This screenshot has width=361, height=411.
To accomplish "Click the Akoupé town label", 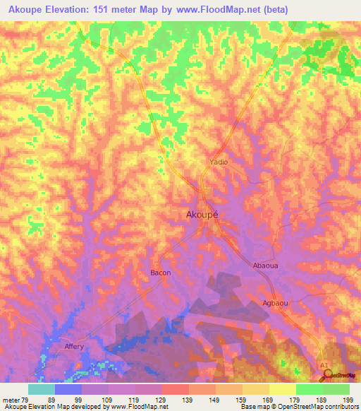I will (202, 215).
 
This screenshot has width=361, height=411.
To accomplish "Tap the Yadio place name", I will (219, 162).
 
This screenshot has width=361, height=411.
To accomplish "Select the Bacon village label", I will (161, 272).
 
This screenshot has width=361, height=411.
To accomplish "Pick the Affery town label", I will (74, 347).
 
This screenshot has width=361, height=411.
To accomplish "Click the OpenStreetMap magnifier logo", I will (329, 375).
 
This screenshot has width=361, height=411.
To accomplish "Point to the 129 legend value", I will (161, 400).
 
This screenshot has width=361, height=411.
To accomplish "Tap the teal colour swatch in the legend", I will (42, 389).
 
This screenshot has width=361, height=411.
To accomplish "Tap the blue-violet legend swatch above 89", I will (68, 389).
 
